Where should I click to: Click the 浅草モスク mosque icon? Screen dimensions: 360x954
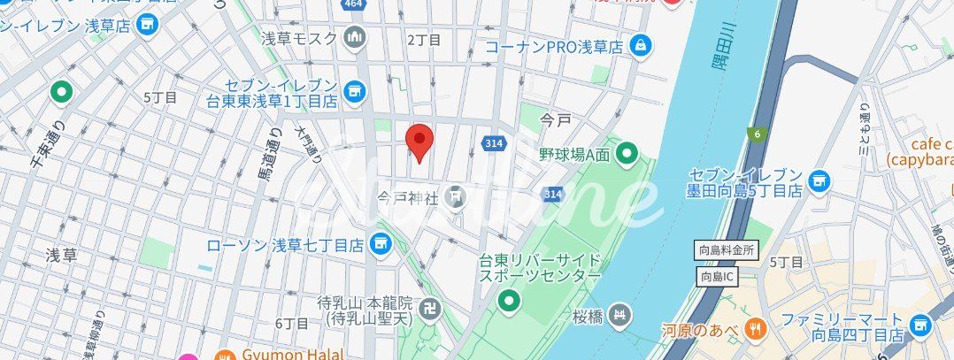(x=356, y=38)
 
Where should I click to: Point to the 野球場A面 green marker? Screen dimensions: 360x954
(x=627, y=155)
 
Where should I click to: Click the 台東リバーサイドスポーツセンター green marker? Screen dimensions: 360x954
(x=509, y=303)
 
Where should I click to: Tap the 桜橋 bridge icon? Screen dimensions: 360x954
(x=624, y=314)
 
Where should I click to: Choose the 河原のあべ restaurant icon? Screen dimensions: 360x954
(x=756, y=330)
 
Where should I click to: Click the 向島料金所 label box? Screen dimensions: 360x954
(x=725, y=250)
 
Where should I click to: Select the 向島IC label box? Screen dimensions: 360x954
(x=718, y=276)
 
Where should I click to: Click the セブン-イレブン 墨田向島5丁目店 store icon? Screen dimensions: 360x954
(x=819, y=181)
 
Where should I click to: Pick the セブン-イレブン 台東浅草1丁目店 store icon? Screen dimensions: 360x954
(x=355, y=89)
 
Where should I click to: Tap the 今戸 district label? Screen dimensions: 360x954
(x=557, y=119)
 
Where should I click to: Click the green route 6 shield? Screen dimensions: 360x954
(x=757, y=134)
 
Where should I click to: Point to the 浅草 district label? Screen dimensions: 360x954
(x=61, y=255)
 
